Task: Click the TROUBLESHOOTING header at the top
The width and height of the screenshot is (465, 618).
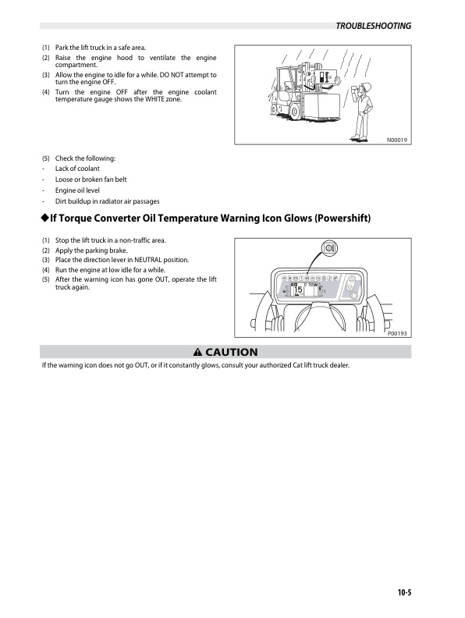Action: click(x=372, y=26)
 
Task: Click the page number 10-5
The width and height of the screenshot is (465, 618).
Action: click(x=399, y=592)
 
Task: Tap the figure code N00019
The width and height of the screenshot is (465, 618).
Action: click(x=398, y=140)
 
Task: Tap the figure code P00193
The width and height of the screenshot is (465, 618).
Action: click(x=398, y=333)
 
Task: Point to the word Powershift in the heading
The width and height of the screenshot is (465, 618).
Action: click(x=341, y=219)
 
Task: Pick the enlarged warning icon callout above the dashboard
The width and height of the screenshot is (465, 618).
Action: click(x=328, y=249)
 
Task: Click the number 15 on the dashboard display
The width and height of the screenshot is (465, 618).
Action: click(x=298, y=291)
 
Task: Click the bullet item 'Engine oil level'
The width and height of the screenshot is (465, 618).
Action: click(x=79, y=190)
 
